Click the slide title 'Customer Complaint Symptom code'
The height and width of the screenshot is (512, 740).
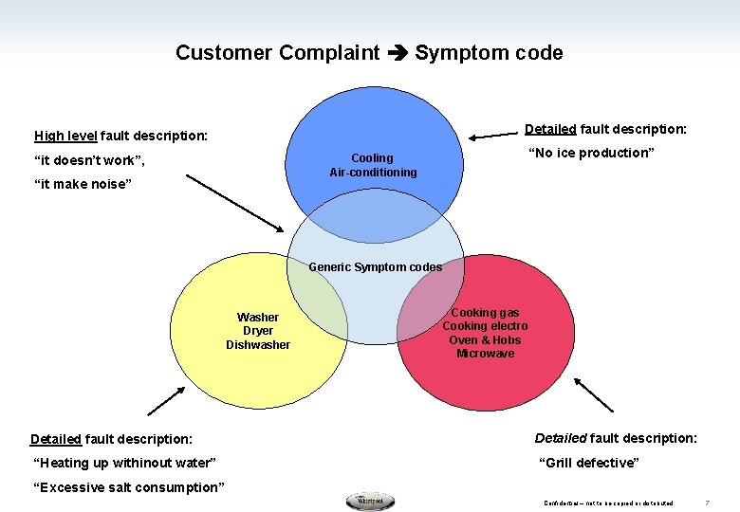(369, 53)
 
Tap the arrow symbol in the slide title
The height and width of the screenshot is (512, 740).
(397, 54)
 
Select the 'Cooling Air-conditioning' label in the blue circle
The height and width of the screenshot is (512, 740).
(373, 165)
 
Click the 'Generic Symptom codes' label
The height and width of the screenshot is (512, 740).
(375, 267)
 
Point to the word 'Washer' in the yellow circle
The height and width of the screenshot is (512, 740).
(258, 318)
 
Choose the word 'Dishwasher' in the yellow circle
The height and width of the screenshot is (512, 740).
(258, 345)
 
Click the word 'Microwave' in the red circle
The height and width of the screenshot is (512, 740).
(485, 354)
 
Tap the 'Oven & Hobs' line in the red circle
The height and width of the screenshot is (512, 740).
(485, 340)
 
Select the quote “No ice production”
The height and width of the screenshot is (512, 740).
(591, 154)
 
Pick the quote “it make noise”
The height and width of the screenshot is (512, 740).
(81, 185)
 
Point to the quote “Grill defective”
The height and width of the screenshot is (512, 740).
(589, 463)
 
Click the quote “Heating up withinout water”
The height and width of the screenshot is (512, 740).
(124, 463)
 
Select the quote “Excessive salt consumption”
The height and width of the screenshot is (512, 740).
(129, 487)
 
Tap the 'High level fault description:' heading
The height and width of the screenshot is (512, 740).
(120, 136)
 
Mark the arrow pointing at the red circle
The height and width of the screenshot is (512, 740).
(594, 394)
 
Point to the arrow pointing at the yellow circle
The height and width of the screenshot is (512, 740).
(166, 401)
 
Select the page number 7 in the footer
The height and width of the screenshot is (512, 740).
(707, 503)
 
